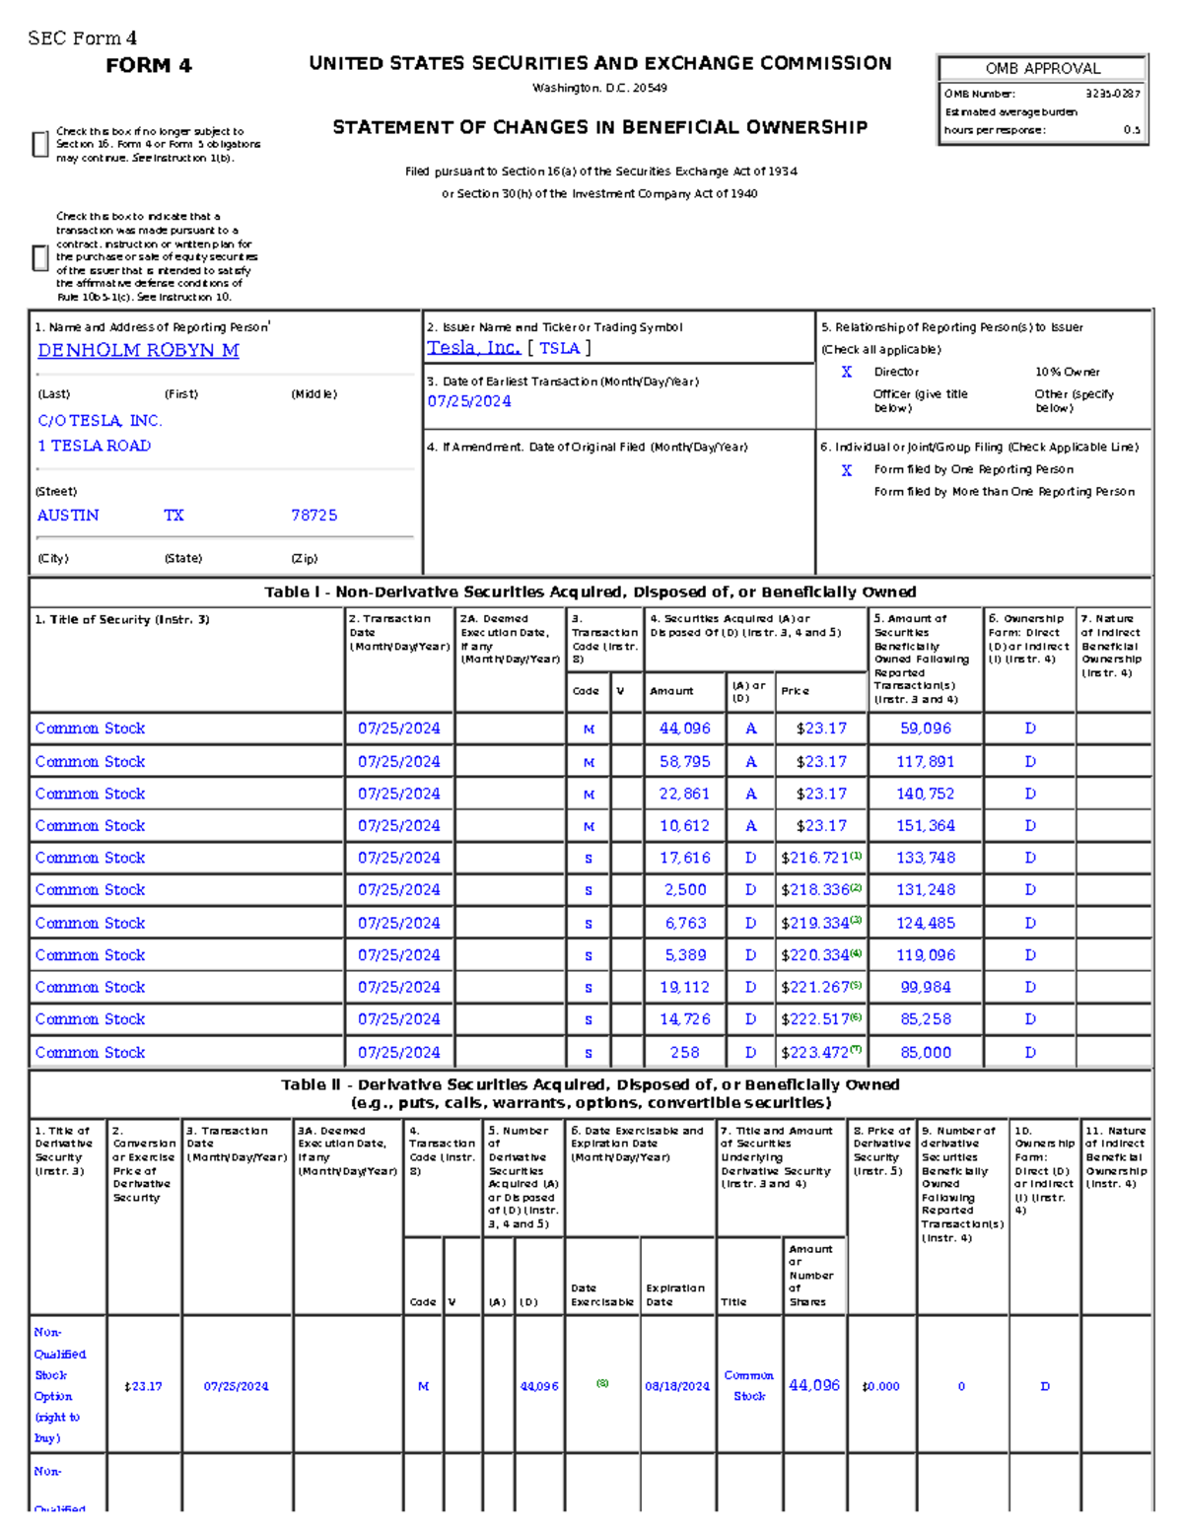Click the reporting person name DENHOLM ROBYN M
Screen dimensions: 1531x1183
point(138,351)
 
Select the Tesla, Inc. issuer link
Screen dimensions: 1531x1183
point(473,348)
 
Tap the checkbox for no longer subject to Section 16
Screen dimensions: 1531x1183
point(40,144)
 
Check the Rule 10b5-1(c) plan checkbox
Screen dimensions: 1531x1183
point(40,257)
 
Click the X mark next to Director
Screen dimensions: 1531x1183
point(846,372)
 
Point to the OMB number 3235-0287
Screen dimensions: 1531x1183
point(1112,94)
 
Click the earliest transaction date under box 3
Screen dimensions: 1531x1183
point(468,401)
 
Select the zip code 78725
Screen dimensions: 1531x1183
point(313,516)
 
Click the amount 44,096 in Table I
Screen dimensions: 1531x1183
point(684,729)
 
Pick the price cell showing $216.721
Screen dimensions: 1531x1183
point(815,859)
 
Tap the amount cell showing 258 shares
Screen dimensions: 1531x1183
point(684,1053)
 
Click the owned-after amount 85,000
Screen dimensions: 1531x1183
point(925,1053)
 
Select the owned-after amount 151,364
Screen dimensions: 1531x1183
point(925,826)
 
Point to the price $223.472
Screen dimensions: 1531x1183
point(815,1053)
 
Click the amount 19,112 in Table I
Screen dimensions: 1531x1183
point(684,988)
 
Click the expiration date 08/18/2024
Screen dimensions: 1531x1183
point(676,1386)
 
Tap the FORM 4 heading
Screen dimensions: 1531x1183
point(149,66)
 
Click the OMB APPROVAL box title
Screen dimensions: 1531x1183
point(1042,69)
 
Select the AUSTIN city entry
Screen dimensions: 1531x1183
point(68,516)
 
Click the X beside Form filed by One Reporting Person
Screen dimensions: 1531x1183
point(846,470)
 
